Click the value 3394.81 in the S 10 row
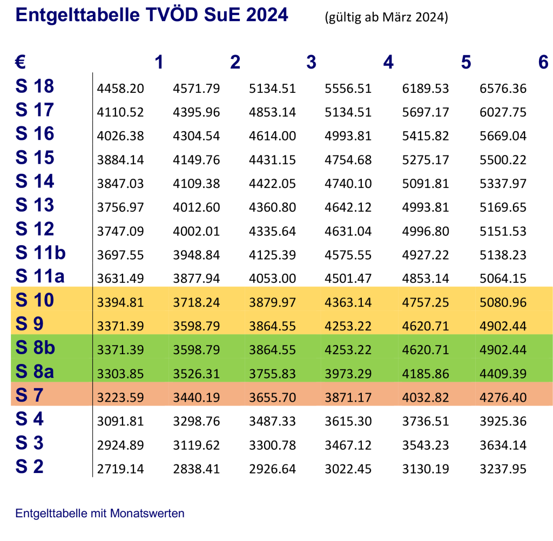click(120, 302)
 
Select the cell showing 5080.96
click(503, 302)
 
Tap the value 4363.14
click(348, 302)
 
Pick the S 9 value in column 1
click(120, 326)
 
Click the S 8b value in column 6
click(503, 350)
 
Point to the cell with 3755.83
click(272, 374)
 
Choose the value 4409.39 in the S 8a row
click(503, 374)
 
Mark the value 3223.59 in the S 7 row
click(120, 398)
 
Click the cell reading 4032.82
click(426, 398)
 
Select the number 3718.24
click(196, 302)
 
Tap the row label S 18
click(35, 86)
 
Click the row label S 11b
click(41, 252)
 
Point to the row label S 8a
click(35, 371)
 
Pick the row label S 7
click(29, 395)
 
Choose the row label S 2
click(29, 466)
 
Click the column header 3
click(311, 63)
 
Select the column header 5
click(466, 63)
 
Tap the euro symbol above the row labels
click(21, 63)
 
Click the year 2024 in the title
click(267, 15)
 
